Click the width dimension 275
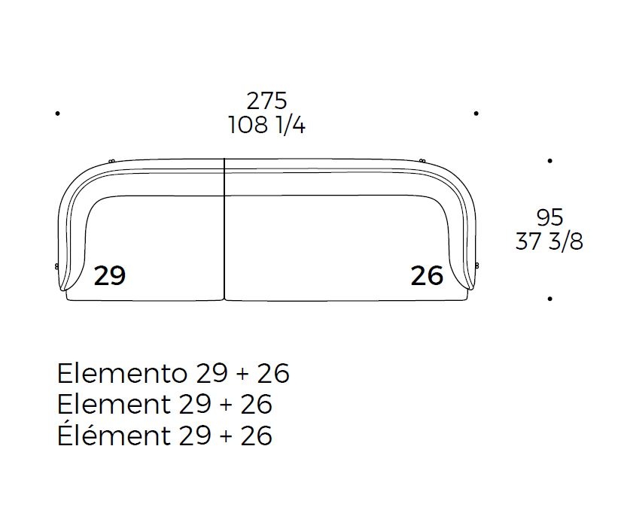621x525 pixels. pos(266,101)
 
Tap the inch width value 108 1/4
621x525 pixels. pos(266,126)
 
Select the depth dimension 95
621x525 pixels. pos(549,217)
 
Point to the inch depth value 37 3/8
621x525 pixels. pos(549,241)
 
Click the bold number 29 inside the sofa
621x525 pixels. pos(110,275)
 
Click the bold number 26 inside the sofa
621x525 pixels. pos(427,275)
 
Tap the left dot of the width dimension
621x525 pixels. pos(58,114)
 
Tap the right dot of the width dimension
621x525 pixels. pos(476,114)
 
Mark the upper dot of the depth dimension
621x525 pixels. pos(549,161)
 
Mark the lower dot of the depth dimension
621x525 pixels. pos(549,299)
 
